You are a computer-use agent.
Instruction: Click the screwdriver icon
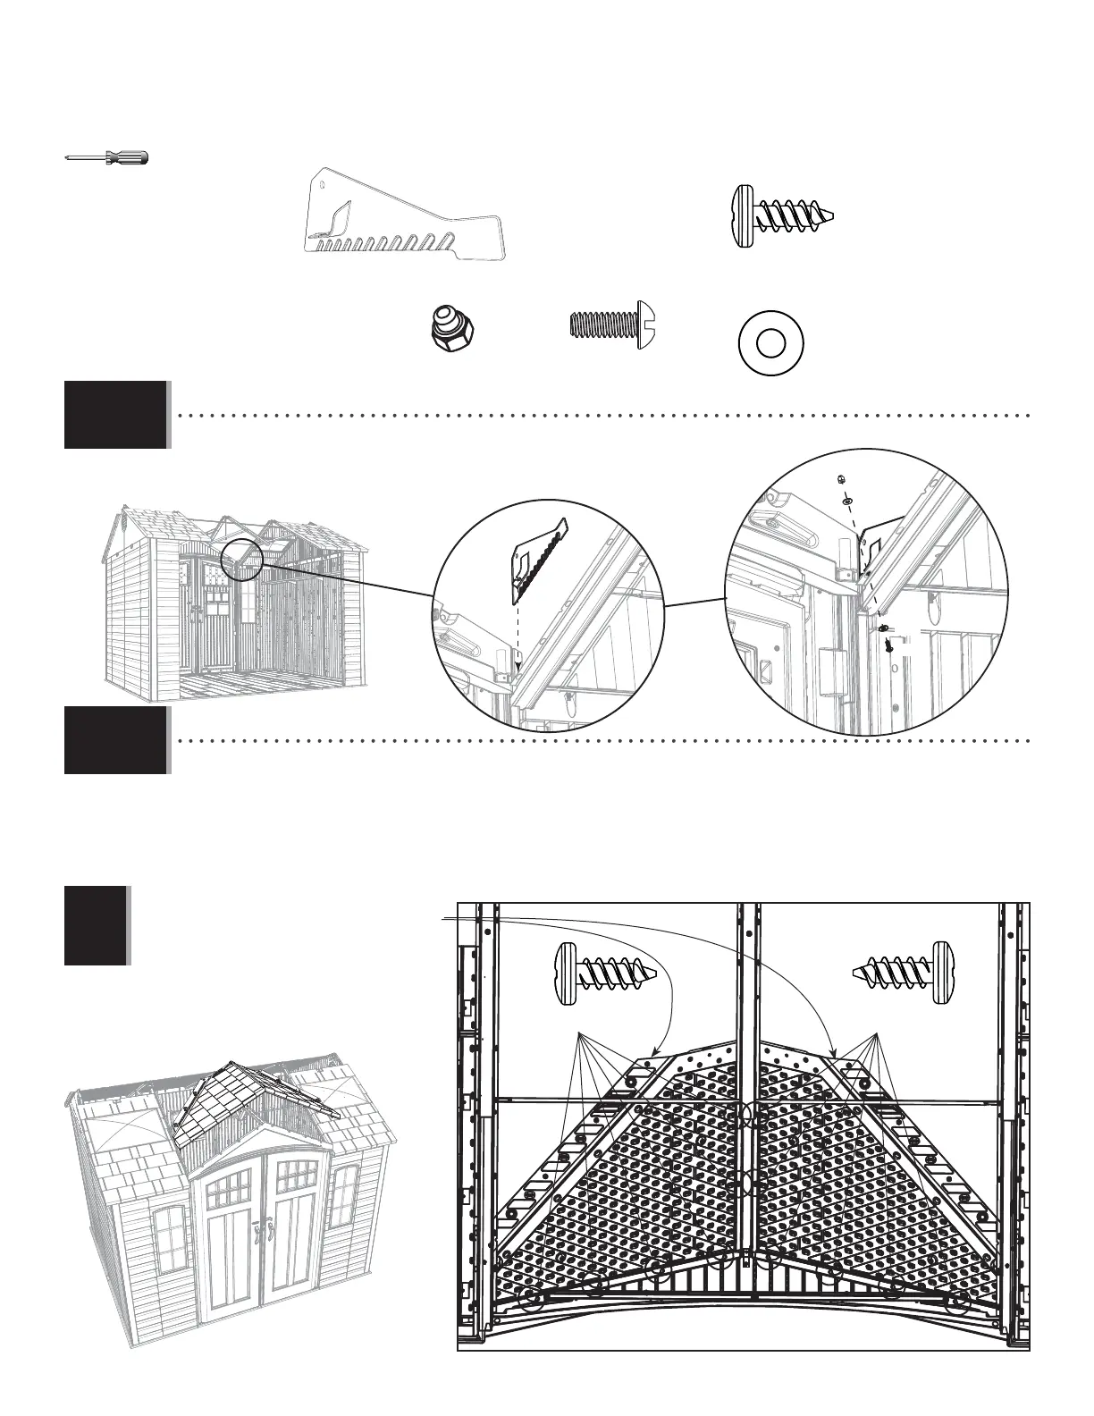click(x=107, y=158)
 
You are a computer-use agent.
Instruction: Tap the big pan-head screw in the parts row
click(x=782, y=215)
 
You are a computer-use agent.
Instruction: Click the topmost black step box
click(x=115, y=415)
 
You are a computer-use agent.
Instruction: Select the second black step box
click(x=115, y=740)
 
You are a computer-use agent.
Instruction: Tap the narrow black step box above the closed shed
click(x=96, y=925)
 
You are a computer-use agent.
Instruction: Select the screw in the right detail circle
click(x=887, y=639)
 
